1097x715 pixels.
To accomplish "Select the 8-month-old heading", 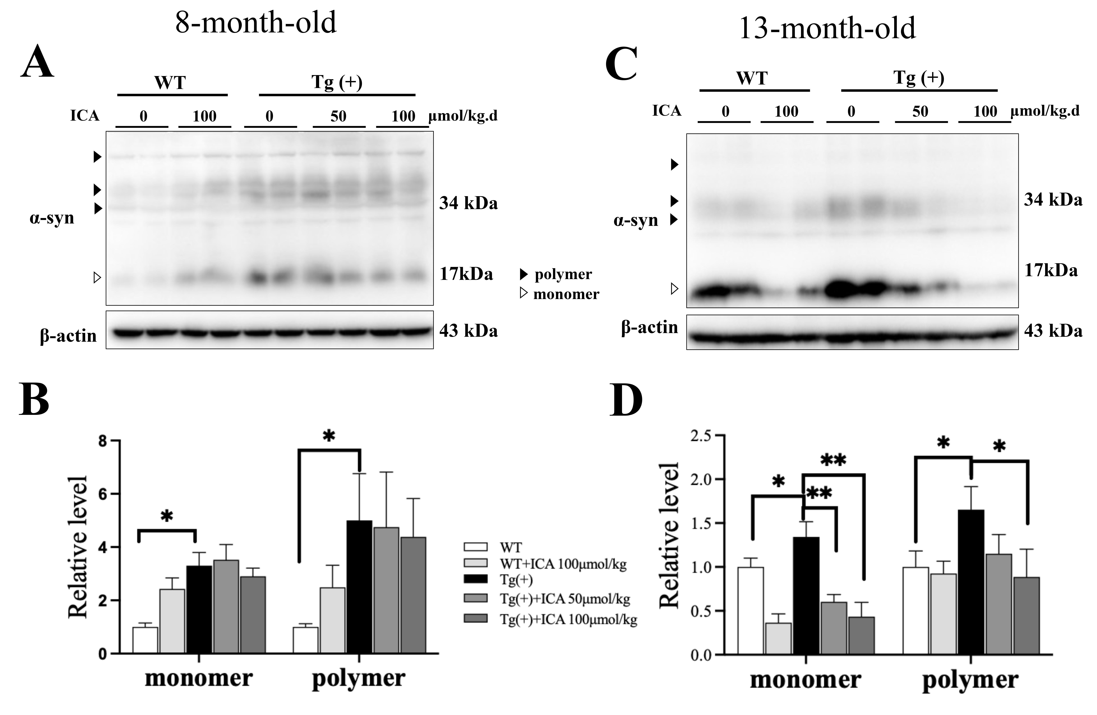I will (x=256, y=22).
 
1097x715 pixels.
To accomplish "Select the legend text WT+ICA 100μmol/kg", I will (x=563, y=564).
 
